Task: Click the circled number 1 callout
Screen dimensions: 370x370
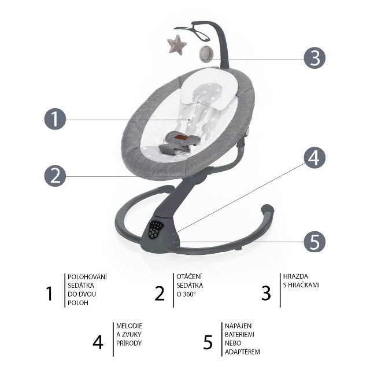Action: click(55, 119)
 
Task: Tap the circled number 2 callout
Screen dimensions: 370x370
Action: click(55, 176)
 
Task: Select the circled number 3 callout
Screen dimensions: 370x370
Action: click(314, 58)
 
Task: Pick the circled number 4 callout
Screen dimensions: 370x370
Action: click(314, 158)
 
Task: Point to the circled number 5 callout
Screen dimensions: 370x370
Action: click(314, 242)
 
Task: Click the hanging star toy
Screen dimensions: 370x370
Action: click(177, 45)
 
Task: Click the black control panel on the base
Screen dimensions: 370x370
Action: click(155, 230)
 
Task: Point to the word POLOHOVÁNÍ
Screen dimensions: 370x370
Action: click(87, 277)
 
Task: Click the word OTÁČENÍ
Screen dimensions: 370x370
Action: click(189, 276)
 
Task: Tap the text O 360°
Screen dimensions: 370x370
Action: click(186, 294)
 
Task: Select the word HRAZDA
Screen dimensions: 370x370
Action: click(295, 276)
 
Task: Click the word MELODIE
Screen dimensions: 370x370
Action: click(129, 326)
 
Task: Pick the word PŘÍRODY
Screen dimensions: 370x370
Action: click(129, 343)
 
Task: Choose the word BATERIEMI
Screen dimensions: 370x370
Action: click(239, 335)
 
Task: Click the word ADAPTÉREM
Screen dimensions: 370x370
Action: click(242, 351)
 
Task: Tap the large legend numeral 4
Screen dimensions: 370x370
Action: click(98, 342)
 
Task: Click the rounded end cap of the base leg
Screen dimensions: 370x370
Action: click(267, 209)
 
